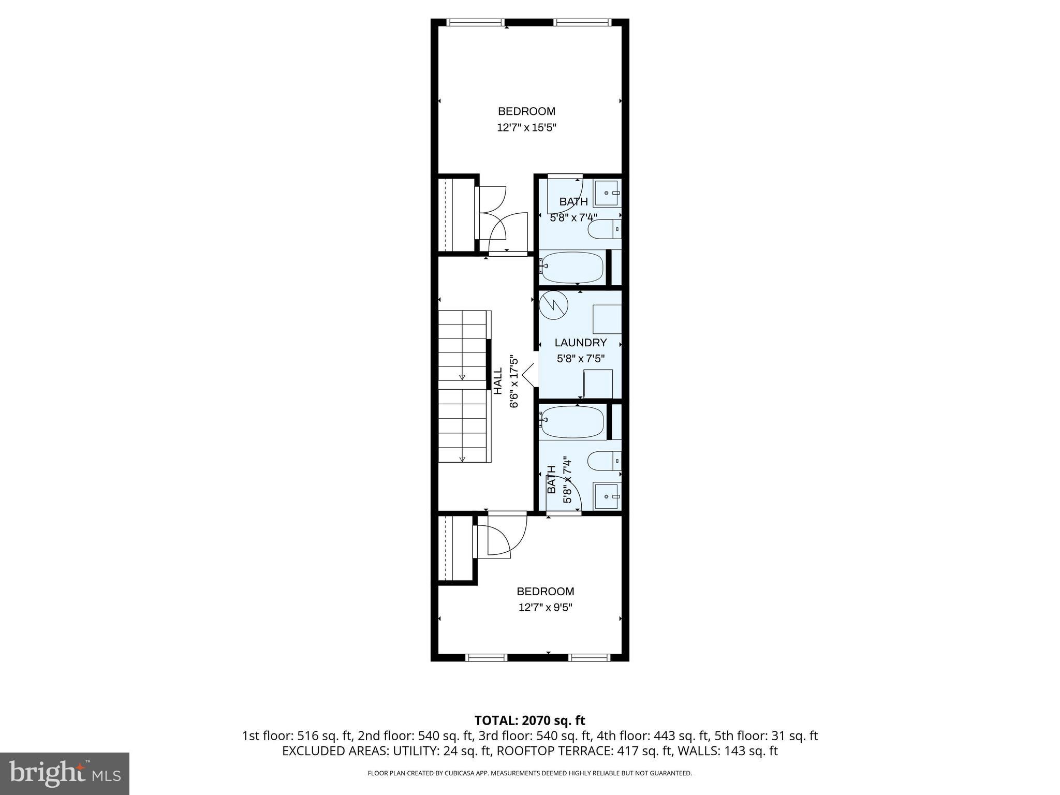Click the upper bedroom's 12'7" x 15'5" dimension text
[x=526, y=127]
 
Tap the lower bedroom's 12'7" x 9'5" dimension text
[x=545, y=607]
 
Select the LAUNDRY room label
[x=580, y=343]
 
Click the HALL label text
[x=497, y=381]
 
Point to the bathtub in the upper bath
[x=572, y=268]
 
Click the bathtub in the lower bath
[x=572, y=422]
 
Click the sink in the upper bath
[x=607, y=193]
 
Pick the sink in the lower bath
[x=607, y=496]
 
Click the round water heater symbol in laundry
[x=553, y=305]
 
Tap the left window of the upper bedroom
[x=475, y=22]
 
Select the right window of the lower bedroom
[x=589, y=657]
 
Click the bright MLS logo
[x=65, y=773]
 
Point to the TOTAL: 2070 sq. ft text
[x=529, y=720]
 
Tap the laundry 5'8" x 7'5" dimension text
[x=580, y=358]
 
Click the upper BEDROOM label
[x=526, y=111]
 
